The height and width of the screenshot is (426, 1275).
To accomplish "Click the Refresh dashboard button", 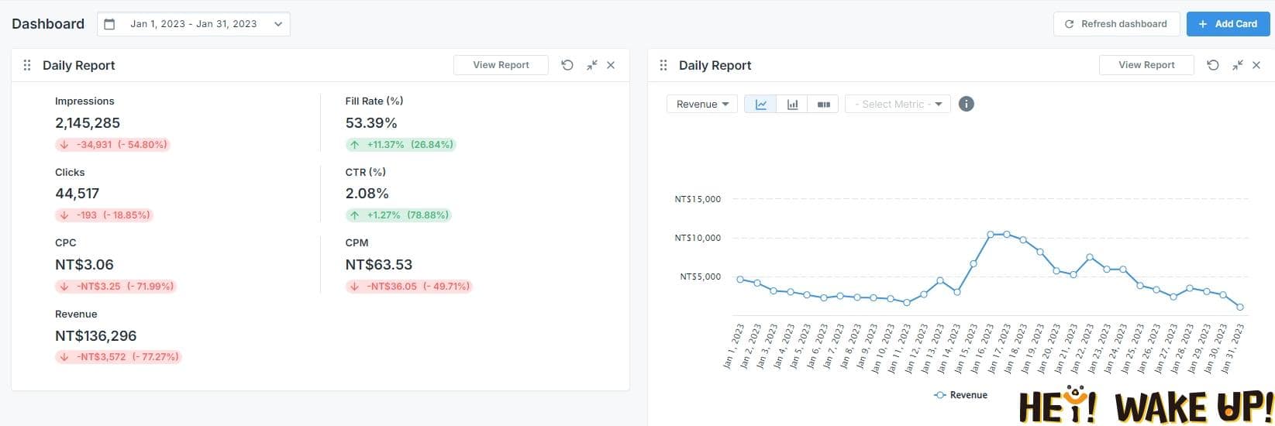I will (x=1116, y=24).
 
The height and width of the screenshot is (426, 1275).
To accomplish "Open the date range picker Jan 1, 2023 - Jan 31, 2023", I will (x=194, y=24).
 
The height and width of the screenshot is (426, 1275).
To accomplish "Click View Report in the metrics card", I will (x=501, y=65).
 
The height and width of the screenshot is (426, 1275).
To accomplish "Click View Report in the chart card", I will (x=1146, y=65).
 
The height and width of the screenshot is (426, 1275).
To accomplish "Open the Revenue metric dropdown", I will (x=702, y=104).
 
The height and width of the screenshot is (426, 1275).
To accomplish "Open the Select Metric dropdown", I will (x=898, y=104).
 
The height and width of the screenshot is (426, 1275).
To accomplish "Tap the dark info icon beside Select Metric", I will (x=966, y=104).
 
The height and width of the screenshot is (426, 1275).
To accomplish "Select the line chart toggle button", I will (x=760, y=104).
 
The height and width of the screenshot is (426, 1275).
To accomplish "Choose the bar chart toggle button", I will (x=792, y=104).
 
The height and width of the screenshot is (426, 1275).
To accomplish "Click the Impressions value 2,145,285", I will (x=88, y=122).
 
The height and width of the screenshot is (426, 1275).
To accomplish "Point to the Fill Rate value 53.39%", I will (x=371, y=122).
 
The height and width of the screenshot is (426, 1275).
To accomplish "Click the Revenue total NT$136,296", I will (x=95, y=336).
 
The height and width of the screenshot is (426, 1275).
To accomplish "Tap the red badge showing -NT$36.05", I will (x=408, y=287).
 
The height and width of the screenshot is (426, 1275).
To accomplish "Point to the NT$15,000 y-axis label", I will (x=698, y=199).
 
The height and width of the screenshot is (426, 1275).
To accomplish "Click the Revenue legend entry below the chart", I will (x=961, y=395).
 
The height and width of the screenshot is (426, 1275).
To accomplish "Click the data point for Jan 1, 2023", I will (x=740, y=280).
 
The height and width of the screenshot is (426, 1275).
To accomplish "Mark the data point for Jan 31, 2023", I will (x=1241, y=307).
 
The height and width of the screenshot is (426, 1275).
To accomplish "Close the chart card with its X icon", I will (x=1256, y=65).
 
